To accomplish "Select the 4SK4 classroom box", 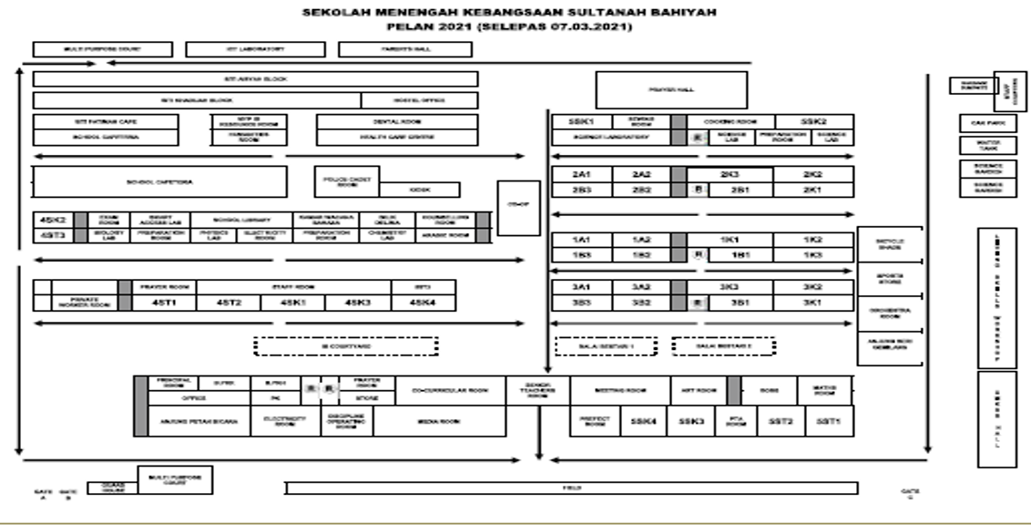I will pyautogui.click(x=423, y=303).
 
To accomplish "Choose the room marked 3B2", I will pyautogui.click(x=642, y=301).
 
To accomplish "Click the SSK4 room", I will pyautogui.click(x=643, y=421).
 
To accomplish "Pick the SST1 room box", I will pyautogui.click(x=828, y=421).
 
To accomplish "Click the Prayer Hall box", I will pyautogui.click(x=671, y=90).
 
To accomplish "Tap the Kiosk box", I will pyautogui.click(x=419, y=190).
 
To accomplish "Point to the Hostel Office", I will pyautogui.click(x=419, y=100).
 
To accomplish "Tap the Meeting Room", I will pyautogui.click(x=620, y=390).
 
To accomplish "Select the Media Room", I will pyautogui.click(x=439, y=421).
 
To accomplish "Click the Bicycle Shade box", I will pyautogui.click(x=890, y=244).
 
